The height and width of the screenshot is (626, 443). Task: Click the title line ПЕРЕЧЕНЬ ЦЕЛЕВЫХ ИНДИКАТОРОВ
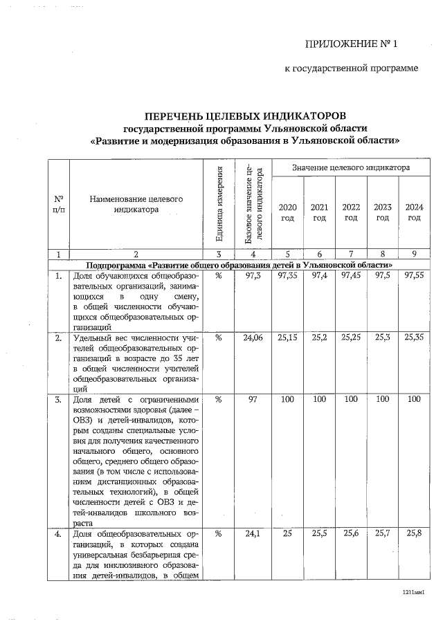coord(244,115)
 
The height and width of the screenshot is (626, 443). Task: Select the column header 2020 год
coord(287,212)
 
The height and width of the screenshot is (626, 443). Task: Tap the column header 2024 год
coord(414,212)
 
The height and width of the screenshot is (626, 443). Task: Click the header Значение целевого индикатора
coord(350,167)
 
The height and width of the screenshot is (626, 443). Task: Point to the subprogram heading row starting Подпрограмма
coord(239,265)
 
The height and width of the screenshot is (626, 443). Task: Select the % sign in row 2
coord(219,338)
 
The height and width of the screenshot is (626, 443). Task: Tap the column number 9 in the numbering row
coord(414,254)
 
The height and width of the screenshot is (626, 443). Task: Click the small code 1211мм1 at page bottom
coord(413,593)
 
